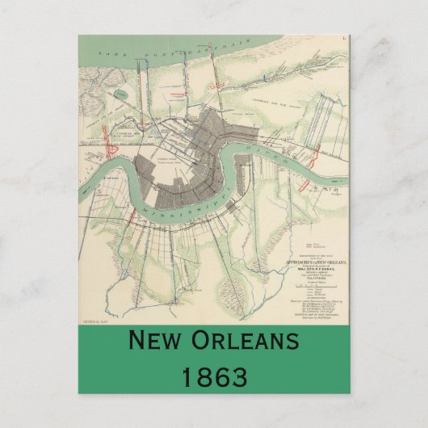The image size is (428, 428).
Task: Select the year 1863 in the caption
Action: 214,376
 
